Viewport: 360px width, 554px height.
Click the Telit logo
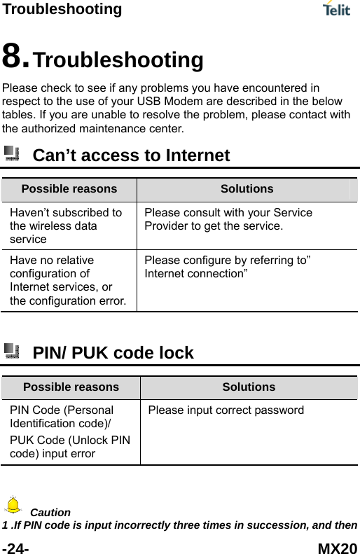pos(338,9)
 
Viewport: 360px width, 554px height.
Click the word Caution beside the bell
pos(50,512)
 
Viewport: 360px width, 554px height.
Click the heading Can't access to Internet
pos(131,155)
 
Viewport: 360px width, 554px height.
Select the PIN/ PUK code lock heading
pos(113,353)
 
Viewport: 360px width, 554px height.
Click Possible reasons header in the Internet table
pos(69,189)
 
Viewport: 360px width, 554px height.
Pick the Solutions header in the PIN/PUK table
pos(249,387)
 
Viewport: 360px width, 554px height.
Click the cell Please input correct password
pos(226,410)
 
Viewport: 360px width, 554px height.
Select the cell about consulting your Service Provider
pos(228,219)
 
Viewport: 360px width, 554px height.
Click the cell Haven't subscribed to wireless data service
pos(66,225)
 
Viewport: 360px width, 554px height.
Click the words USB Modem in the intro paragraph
pos(167,101)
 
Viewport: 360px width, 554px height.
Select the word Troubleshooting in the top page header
pos(61,9)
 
